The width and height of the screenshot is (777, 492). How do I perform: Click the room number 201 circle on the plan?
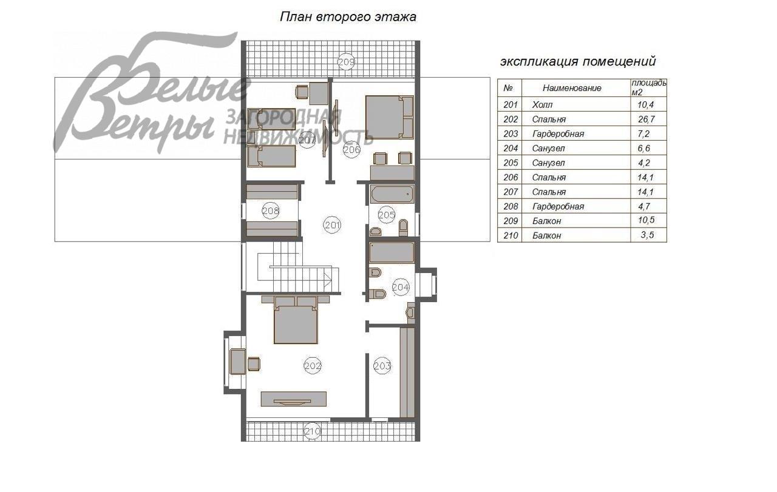coord(332,225)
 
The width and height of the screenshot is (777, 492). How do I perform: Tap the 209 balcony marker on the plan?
coord(346,62)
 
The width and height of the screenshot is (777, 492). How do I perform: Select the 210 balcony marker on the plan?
coord(312,432)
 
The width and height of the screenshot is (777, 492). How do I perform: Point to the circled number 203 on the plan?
coord(382,366)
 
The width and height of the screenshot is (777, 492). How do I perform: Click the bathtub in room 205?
coord(392,194)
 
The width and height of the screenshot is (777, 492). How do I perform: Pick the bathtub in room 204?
coord(392,252)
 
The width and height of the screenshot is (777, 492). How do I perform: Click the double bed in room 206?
coord(390,117)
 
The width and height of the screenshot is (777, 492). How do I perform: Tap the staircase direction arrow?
coord(327,279)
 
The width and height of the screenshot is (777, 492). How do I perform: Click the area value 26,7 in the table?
coord(646,120)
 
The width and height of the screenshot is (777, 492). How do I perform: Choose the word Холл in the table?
coord(542,105)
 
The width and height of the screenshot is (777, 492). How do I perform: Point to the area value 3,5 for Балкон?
coord(647,235)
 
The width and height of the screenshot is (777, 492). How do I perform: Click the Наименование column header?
coord(572,88)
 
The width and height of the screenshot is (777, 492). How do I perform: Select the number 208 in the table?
coord(511,206)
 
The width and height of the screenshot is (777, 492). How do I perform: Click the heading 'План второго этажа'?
coord(348,16)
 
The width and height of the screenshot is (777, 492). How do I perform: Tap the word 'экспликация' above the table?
coord(539,61)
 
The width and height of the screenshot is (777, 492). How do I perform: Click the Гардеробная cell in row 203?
coord(558,134)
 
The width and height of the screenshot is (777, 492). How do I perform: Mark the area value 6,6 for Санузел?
coord(644,149)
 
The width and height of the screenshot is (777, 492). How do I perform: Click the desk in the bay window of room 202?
coord(238,362)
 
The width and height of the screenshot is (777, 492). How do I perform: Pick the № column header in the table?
coord(508,88)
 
